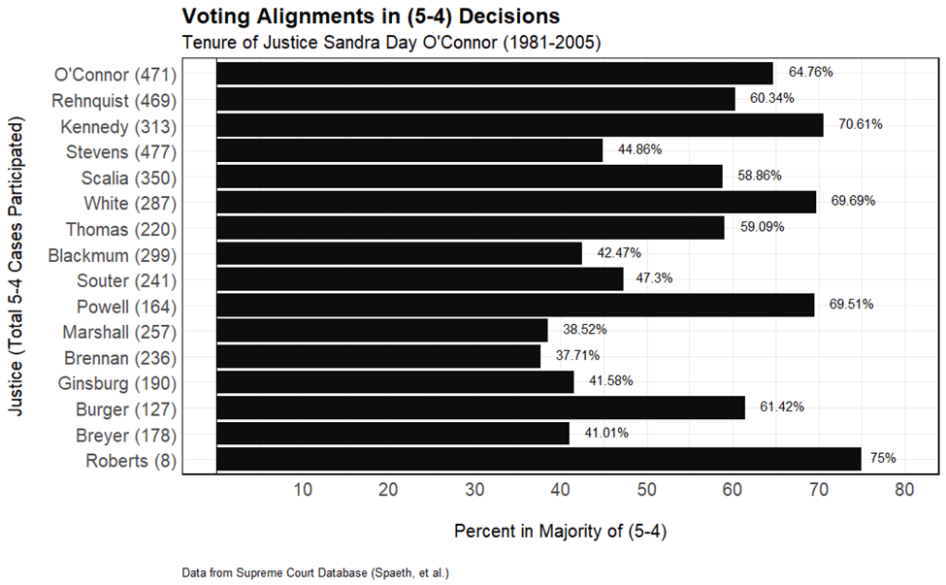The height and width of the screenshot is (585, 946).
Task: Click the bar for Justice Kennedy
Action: pyautogui.click(x=519, y=125)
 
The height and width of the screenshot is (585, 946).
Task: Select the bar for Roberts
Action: pyautogui.click(x=538, y=459)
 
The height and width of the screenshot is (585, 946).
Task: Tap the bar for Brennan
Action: pyautogui.click(x=378, y=356)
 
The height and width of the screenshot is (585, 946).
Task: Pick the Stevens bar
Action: pyautogui.click(x=408, y=150)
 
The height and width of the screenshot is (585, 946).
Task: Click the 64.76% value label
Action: pyautogui.click(x=811, y=72)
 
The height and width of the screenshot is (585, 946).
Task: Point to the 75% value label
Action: pyautogui.click(x=883, y=458)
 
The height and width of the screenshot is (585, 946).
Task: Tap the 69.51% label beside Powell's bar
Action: pyautogui.click(x=851, y=304)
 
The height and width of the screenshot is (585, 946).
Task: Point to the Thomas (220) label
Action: pyautogui.click(x=121, y=229)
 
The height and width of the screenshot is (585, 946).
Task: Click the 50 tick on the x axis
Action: pyautogui.click(x=646, y=490)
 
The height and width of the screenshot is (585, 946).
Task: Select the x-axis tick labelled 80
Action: pyautogui.click(x=904, y=490)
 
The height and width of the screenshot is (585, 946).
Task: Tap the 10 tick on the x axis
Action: pyautogui.click(x=302, y=490)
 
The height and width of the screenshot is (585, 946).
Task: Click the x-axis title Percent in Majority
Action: pyautogui.click(x=560, y=532)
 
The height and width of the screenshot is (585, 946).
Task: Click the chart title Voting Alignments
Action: pyautogui.click(x=371, y=16)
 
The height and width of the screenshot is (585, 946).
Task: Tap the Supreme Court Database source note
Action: pyautogui.click(x=315, y=573)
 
